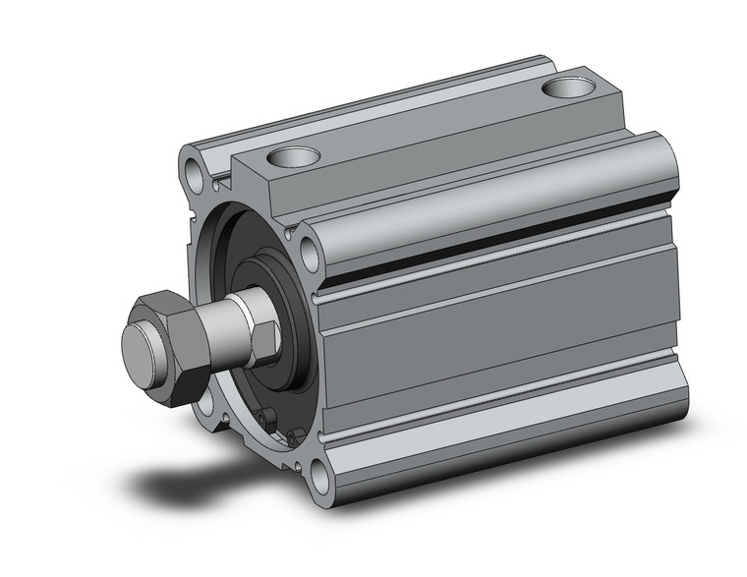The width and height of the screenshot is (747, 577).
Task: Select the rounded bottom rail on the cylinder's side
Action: click(x=491, y=433)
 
